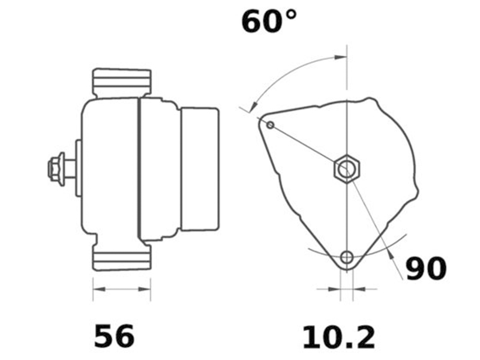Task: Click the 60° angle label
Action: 269,22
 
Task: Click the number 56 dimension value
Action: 114,337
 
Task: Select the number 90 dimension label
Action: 426,269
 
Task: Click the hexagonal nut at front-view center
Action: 346,170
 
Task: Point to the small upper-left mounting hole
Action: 271,125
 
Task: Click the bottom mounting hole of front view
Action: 346,257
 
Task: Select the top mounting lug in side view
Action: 121,82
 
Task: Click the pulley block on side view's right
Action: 200,169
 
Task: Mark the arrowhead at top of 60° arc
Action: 340,58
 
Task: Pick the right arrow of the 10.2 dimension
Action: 358,289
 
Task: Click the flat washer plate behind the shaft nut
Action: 78,169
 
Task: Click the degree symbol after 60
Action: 290,14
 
